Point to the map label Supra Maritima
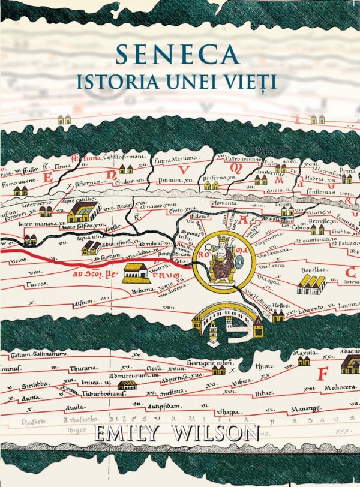[x=176, y=160]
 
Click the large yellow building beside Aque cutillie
[x=82, y=211]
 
